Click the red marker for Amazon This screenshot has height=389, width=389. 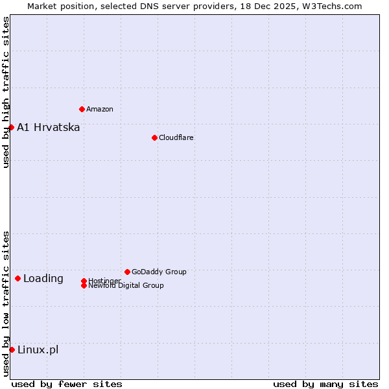82,109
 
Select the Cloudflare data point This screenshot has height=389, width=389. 154,137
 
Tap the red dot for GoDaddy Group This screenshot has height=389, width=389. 127,272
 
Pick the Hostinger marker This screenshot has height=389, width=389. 84,281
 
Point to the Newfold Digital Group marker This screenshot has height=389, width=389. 84,285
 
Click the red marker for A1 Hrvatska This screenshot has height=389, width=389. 11,127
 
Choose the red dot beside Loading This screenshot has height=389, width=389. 18,278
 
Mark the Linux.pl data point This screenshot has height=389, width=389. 12,349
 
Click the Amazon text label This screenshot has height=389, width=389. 100,109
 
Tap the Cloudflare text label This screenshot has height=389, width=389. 176,137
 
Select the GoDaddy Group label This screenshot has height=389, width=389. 159,272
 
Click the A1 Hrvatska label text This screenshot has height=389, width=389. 49,127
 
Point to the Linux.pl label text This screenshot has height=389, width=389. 38,349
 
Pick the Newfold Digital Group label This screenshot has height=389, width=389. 126,286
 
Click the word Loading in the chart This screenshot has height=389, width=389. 43,279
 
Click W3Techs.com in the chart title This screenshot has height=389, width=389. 331,6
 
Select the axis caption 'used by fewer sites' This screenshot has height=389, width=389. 67,384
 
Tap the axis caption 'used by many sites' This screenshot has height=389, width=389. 325,384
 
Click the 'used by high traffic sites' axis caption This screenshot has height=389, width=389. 6,92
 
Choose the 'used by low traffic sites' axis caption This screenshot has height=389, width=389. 6,303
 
